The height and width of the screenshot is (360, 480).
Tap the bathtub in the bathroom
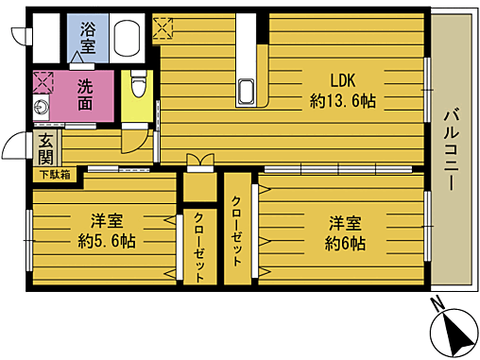pos(127,39)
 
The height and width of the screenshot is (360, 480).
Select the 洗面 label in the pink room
pos(86,93)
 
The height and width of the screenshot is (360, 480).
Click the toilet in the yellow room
pos(138,86)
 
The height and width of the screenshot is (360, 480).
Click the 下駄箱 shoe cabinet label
pos(55,174)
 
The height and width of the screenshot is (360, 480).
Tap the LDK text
pos(344,79)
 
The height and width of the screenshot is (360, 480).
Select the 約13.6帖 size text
pos(342,101)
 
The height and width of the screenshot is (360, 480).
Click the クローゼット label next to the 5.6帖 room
pos(199,246)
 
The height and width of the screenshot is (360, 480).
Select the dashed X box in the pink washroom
pos(43,79)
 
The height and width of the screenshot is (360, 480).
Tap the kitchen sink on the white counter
pos(248,93)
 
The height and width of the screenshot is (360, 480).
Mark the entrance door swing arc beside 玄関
pos(15,147)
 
